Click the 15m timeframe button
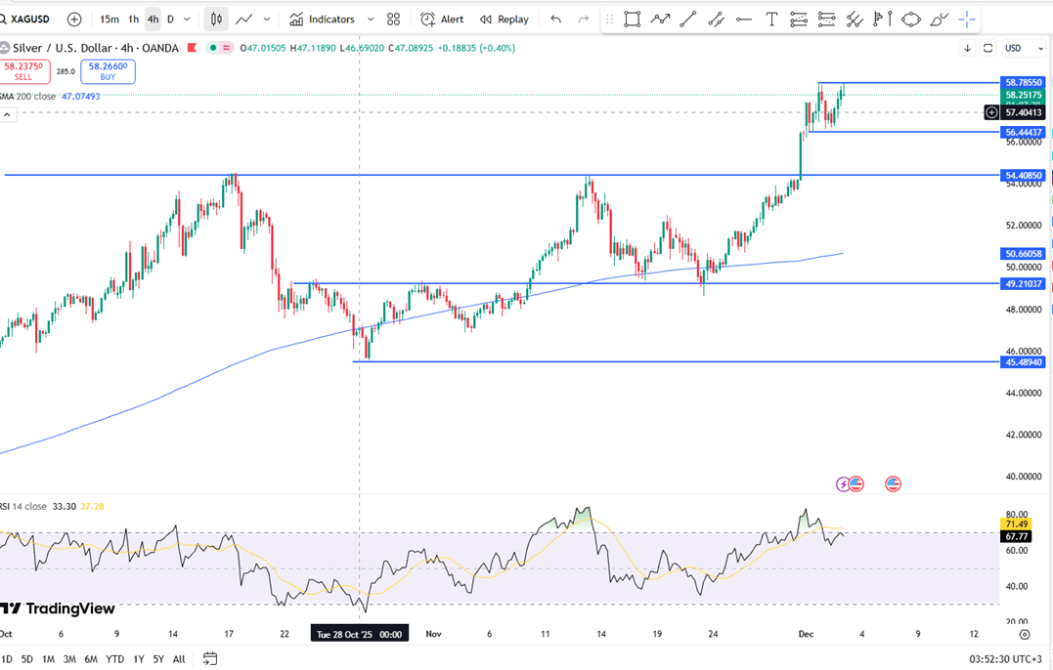(x=110, y=20)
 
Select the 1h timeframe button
(x=134, y=20)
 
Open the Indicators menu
(x=322, y=20)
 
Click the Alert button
(x=442, y=20)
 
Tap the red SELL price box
(x=23, y=71)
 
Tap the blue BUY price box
(x=109, y=71)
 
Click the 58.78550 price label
(x=1024, y=83)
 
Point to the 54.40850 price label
(x=1024, y=176)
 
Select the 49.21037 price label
(x=1024, y=284)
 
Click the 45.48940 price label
(x=1024, y=362)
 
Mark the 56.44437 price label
(x=1024, y=132)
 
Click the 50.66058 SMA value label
(x=1024, y=254)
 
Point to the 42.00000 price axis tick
(x=1024, y=435)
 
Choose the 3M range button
(x=69, y=659)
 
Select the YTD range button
(x=114, y=659)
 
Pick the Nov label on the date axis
(x=434, y=634)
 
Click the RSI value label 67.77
(x=1017, y=536)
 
